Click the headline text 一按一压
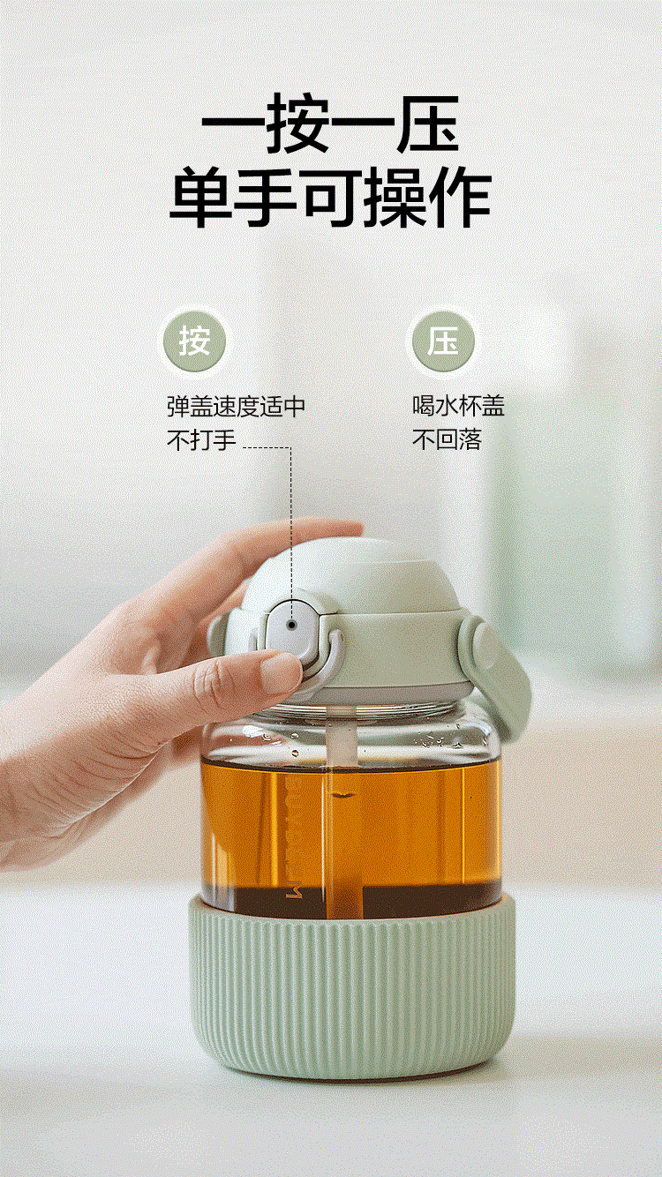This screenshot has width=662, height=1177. click(x=330, y=124)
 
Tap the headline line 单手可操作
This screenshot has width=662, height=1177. click(x=330, y=197)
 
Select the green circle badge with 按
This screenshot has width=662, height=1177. click(x=194, y=342)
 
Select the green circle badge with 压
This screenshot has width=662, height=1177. click(x=443, y=341)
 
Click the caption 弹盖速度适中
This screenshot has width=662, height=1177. click(x=236, y=407)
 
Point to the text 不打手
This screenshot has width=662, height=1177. click(x=201, y=439)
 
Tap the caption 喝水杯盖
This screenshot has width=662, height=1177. click(x=458, y=406)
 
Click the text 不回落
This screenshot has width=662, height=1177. click(x=447, y=439)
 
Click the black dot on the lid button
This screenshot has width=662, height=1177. click(x=292, y=625)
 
